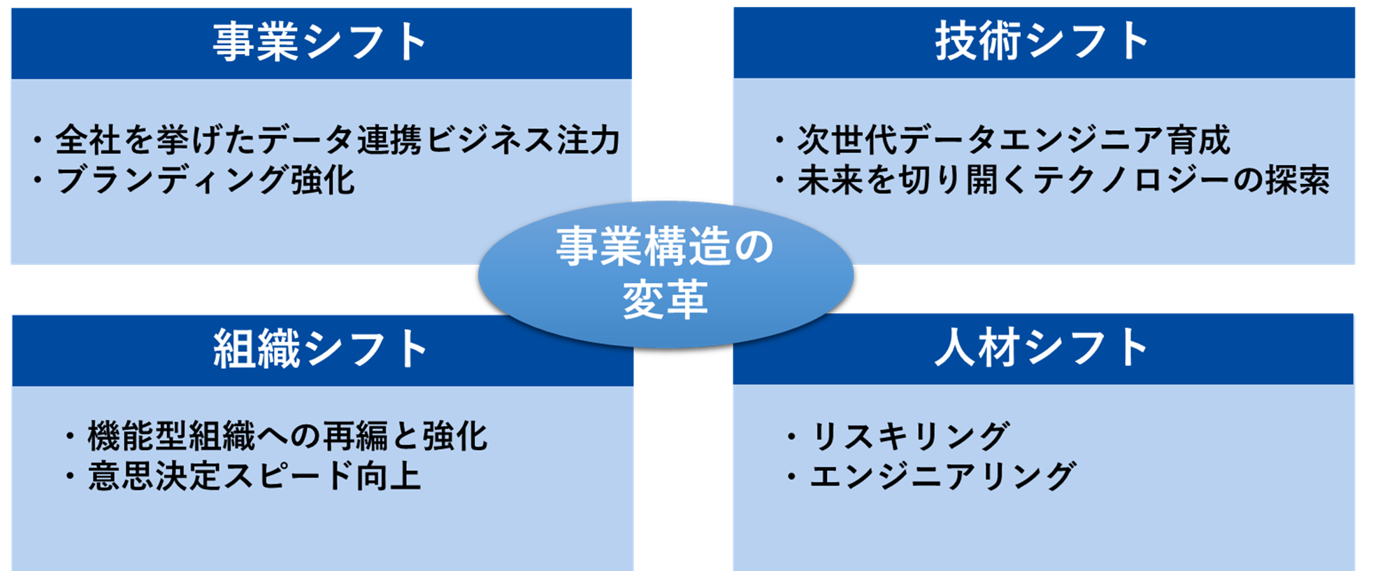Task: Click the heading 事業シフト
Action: coord(321,42)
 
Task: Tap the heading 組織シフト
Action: coord(321,348)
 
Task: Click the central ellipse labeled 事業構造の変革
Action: coord(665,274)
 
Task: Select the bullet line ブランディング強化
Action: coord(205,180)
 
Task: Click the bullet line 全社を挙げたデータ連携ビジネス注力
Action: coord(337,139)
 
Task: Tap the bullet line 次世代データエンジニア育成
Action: coord(1013,139)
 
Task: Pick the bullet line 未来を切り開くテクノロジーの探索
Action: coord(1063,180)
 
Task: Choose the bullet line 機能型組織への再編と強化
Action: coord(287,436)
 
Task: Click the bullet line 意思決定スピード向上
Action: coord(254,477)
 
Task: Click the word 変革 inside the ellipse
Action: coord(665,299)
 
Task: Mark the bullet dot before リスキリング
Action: coord(791,437)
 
